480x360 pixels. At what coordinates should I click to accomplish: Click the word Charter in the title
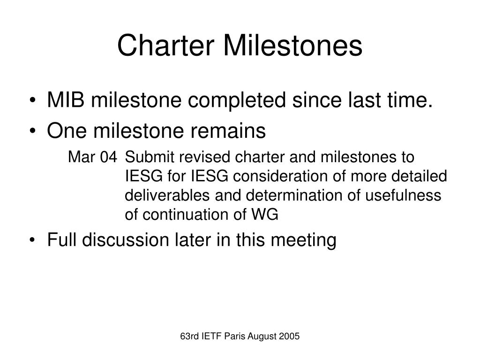coord(165,45)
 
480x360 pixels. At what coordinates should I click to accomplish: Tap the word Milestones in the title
coord(293,45)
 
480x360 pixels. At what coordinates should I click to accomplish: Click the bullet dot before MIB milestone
coord(32,100)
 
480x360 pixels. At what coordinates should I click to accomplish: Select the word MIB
coord(66,100)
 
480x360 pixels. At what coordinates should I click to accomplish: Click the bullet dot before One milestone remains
coord(32,131)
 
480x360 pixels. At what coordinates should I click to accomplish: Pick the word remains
coord(228,131)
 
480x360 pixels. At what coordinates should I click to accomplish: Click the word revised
coord(204,157)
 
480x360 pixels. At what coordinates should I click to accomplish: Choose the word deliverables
coord(167,195)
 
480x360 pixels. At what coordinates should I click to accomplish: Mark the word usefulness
coord(403,195)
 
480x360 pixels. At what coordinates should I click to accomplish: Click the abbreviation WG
coord(265,215)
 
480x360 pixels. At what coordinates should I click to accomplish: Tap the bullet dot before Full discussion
coord(32,240)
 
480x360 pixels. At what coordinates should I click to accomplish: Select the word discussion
coord(126,240)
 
